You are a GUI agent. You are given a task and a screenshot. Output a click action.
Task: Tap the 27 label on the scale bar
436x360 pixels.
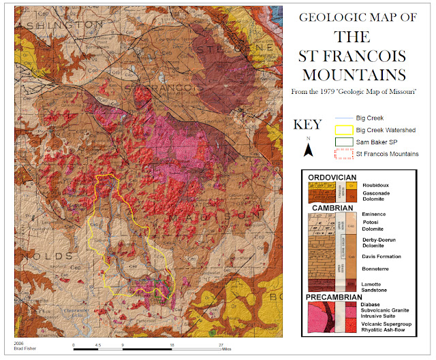pos(221,345)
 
